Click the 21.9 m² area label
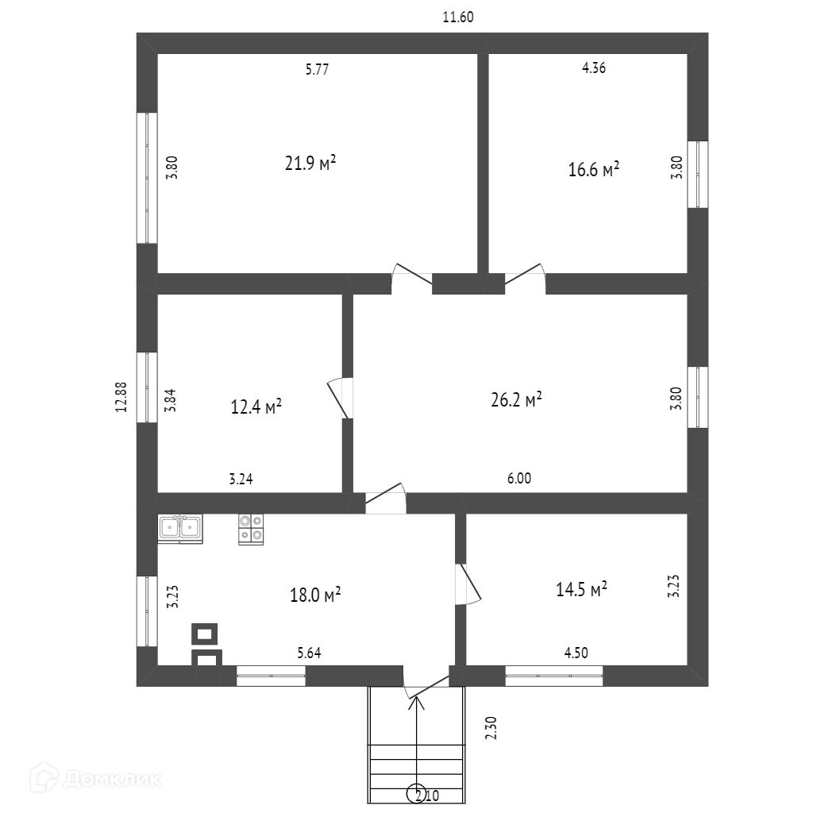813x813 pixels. [x=310, y=163]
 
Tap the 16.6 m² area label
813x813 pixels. [x=594, y=169]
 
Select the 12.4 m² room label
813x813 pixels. [x=256, y=406]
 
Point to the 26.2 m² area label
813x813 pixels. [x=516, y=400]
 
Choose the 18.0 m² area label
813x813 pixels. [x=315, y=595]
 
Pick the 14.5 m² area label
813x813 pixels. [x=582, y=589]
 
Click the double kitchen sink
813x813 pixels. [x=180, y=529]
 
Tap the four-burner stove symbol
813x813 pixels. [x=251, y=529]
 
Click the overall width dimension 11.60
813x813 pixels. [x=458, y=17]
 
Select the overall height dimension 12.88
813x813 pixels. [x=121, y=397]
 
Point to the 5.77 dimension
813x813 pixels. [x=317, y=69]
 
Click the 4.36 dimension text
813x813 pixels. [x=594, y=68]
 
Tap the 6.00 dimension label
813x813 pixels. [x=519, y=478]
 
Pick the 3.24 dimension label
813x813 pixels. [x=241, y=479]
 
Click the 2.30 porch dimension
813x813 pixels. [x=491, y=727]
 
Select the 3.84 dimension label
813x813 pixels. [x=170, y=401]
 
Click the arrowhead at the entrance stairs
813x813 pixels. [x=416, y=703]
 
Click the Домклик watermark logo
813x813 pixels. [x=95, y=779]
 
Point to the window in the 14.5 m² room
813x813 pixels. [x=553, y=676]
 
